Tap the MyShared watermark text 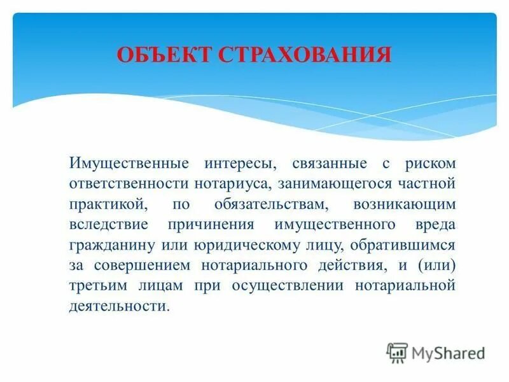[449, 353]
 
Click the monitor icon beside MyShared [397, 353]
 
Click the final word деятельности [119, 306]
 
